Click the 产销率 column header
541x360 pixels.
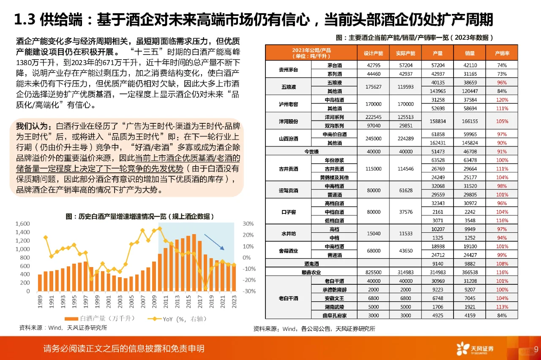click(x=502, y=54)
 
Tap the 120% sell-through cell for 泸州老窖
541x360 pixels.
click(x=502, y=100)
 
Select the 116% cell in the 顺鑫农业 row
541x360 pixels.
click(x=502, y=273)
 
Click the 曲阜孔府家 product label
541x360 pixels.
click(x=333, y=315)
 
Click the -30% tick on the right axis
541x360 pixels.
click(x=249, y=291)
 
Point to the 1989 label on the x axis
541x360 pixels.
click(x=40, y=300)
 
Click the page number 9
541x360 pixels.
click(x=536, y=349)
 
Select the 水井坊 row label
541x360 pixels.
click(x=288, y=233)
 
